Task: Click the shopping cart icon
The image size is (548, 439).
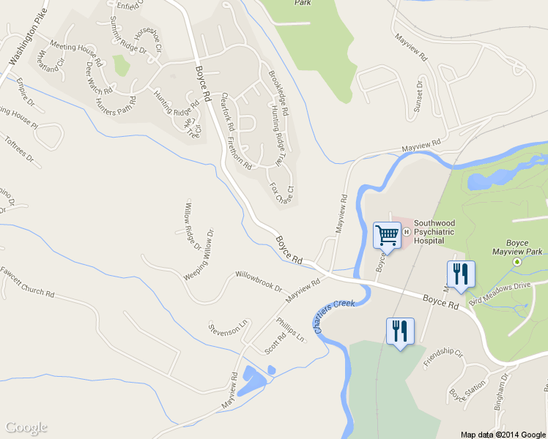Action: pos(387,236)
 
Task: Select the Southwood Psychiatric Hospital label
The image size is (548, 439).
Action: pos(440,231)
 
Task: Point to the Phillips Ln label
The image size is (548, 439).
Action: pos(290,329)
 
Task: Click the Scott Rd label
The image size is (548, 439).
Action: pos(275,340)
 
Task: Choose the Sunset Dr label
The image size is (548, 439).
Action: pos(420,95)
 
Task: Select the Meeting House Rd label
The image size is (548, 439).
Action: pos(74,47)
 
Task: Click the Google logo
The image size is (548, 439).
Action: pos(26,428)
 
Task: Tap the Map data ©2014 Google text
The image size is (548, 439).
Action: pos(503,434)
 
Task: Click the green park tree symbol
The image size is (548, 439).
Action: pos(518,261)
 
